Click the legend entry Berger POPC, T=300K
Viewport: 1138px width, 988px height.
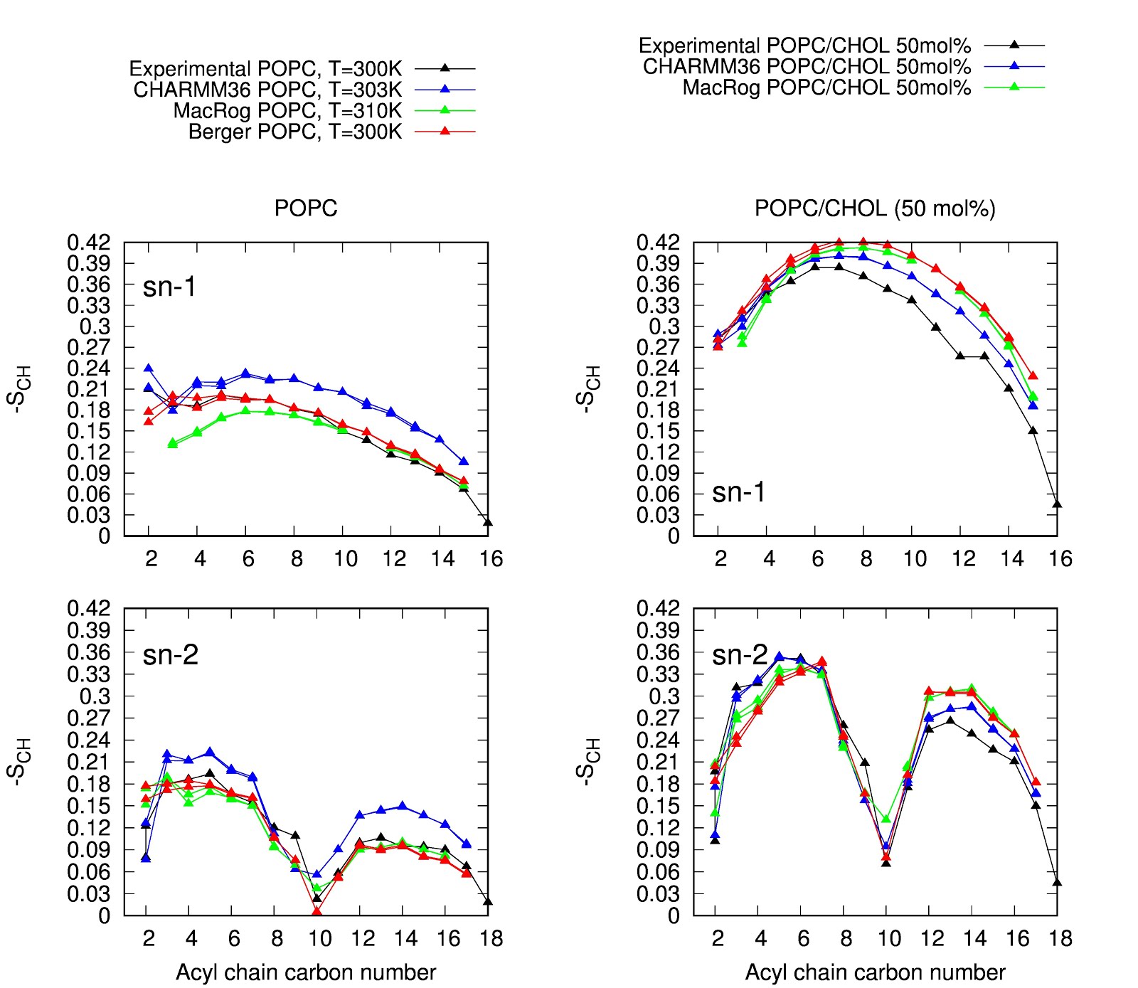coord(294,132)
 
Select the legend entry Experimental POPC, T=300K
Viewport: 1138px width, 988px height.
coord(265,69)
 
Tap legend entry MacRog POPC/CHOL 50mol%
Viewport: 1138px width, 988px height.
coord(826,88)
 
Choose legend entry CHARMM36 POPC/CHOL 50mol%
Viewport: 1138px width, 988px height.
coord(806,67)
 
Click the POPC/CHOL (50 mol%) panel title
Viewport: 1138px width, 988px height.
coord(874,208)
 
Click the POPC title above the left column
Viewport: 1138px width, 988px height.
coord(306,208)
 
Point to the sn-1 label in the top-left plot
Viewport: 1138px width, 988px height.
coord(169,287)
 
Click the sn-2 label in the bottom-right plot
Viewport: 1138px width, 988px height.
coord(740,655)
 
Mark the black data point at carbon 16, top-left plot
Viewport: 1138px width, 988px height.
coord(488,522)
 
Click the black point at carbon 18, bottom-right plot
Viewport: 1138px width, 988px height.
coord(1057,883)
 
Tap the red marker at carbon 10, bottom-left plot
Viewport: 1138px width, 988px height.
coord(317,912)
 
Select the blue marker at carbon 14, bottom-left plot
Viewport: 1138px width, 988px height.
coord(403,806)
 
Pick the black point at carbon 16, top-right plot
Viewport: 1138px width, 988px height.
coord(1057,504)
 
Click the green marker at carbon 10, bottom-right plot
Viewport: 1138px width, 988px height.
coord(886,819)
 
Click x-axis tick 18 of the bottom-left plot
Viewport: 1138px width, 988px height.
coord(491,939)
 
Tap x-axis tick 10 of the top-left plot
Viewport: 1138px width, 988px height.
coord(346,559)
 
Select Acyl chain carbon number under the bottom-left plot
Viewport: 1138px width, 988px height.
coord(306,972)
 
